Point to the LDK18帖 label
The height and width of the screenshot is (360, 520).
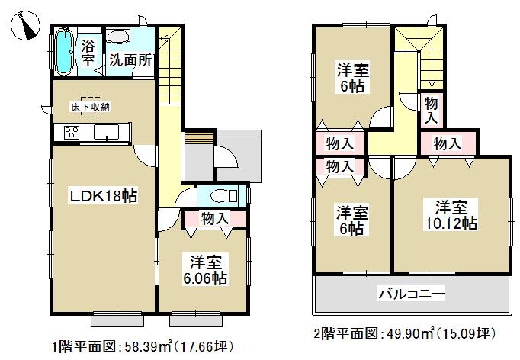pos(104,197)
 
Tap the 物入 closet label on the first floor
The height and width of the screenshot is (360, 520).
pos(215,219)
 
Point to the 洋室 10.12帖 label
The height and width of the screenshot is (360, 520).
pos(452,214)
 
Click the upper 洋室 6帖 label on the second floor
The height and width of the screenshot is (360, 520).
pos(353,78)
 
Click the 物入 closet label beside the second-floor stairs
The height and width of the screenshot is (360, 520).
pos(430,108)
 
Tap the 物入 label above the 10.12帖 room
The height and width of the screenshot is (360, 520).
pos(448,143)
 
